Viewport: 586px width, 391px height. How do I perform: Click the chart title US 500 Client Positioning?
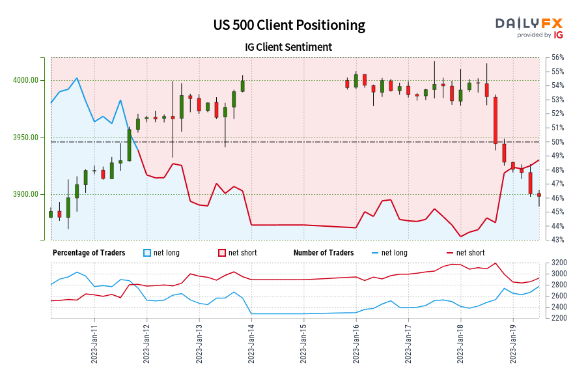pyautogui.click(x=289, y=25)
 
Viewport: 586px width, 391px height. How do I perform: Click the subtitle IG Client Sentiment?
pyautogui.click(x=289, y=47)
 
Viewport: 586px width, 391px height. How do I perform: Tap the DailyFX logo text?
pyautogui.click(x=528, y=23)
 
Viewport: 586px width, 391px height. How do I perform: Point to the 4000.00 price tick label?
pyautogui.click(x=27, y=80)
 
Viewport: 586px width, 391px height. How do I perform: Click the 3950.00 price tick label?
pyautogui.click(x=27, y=138)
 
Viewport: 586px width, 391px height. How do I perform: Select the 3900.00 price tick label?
pyautogui.click(x=27, y=194)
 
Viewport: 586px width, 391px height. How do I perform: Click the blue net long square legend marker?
pyautogui.click(x=147, y=253)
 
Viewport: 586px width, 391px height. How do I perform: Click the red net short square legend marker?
pyautogui.click(x=222, y=253)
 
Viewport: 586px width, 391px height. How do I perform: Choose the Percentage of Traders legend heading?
pyautogui.click(x=89, y=253)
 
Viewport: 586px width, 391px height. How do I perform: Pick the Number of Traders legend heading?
pyautogui.click(x=324, y=253)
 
